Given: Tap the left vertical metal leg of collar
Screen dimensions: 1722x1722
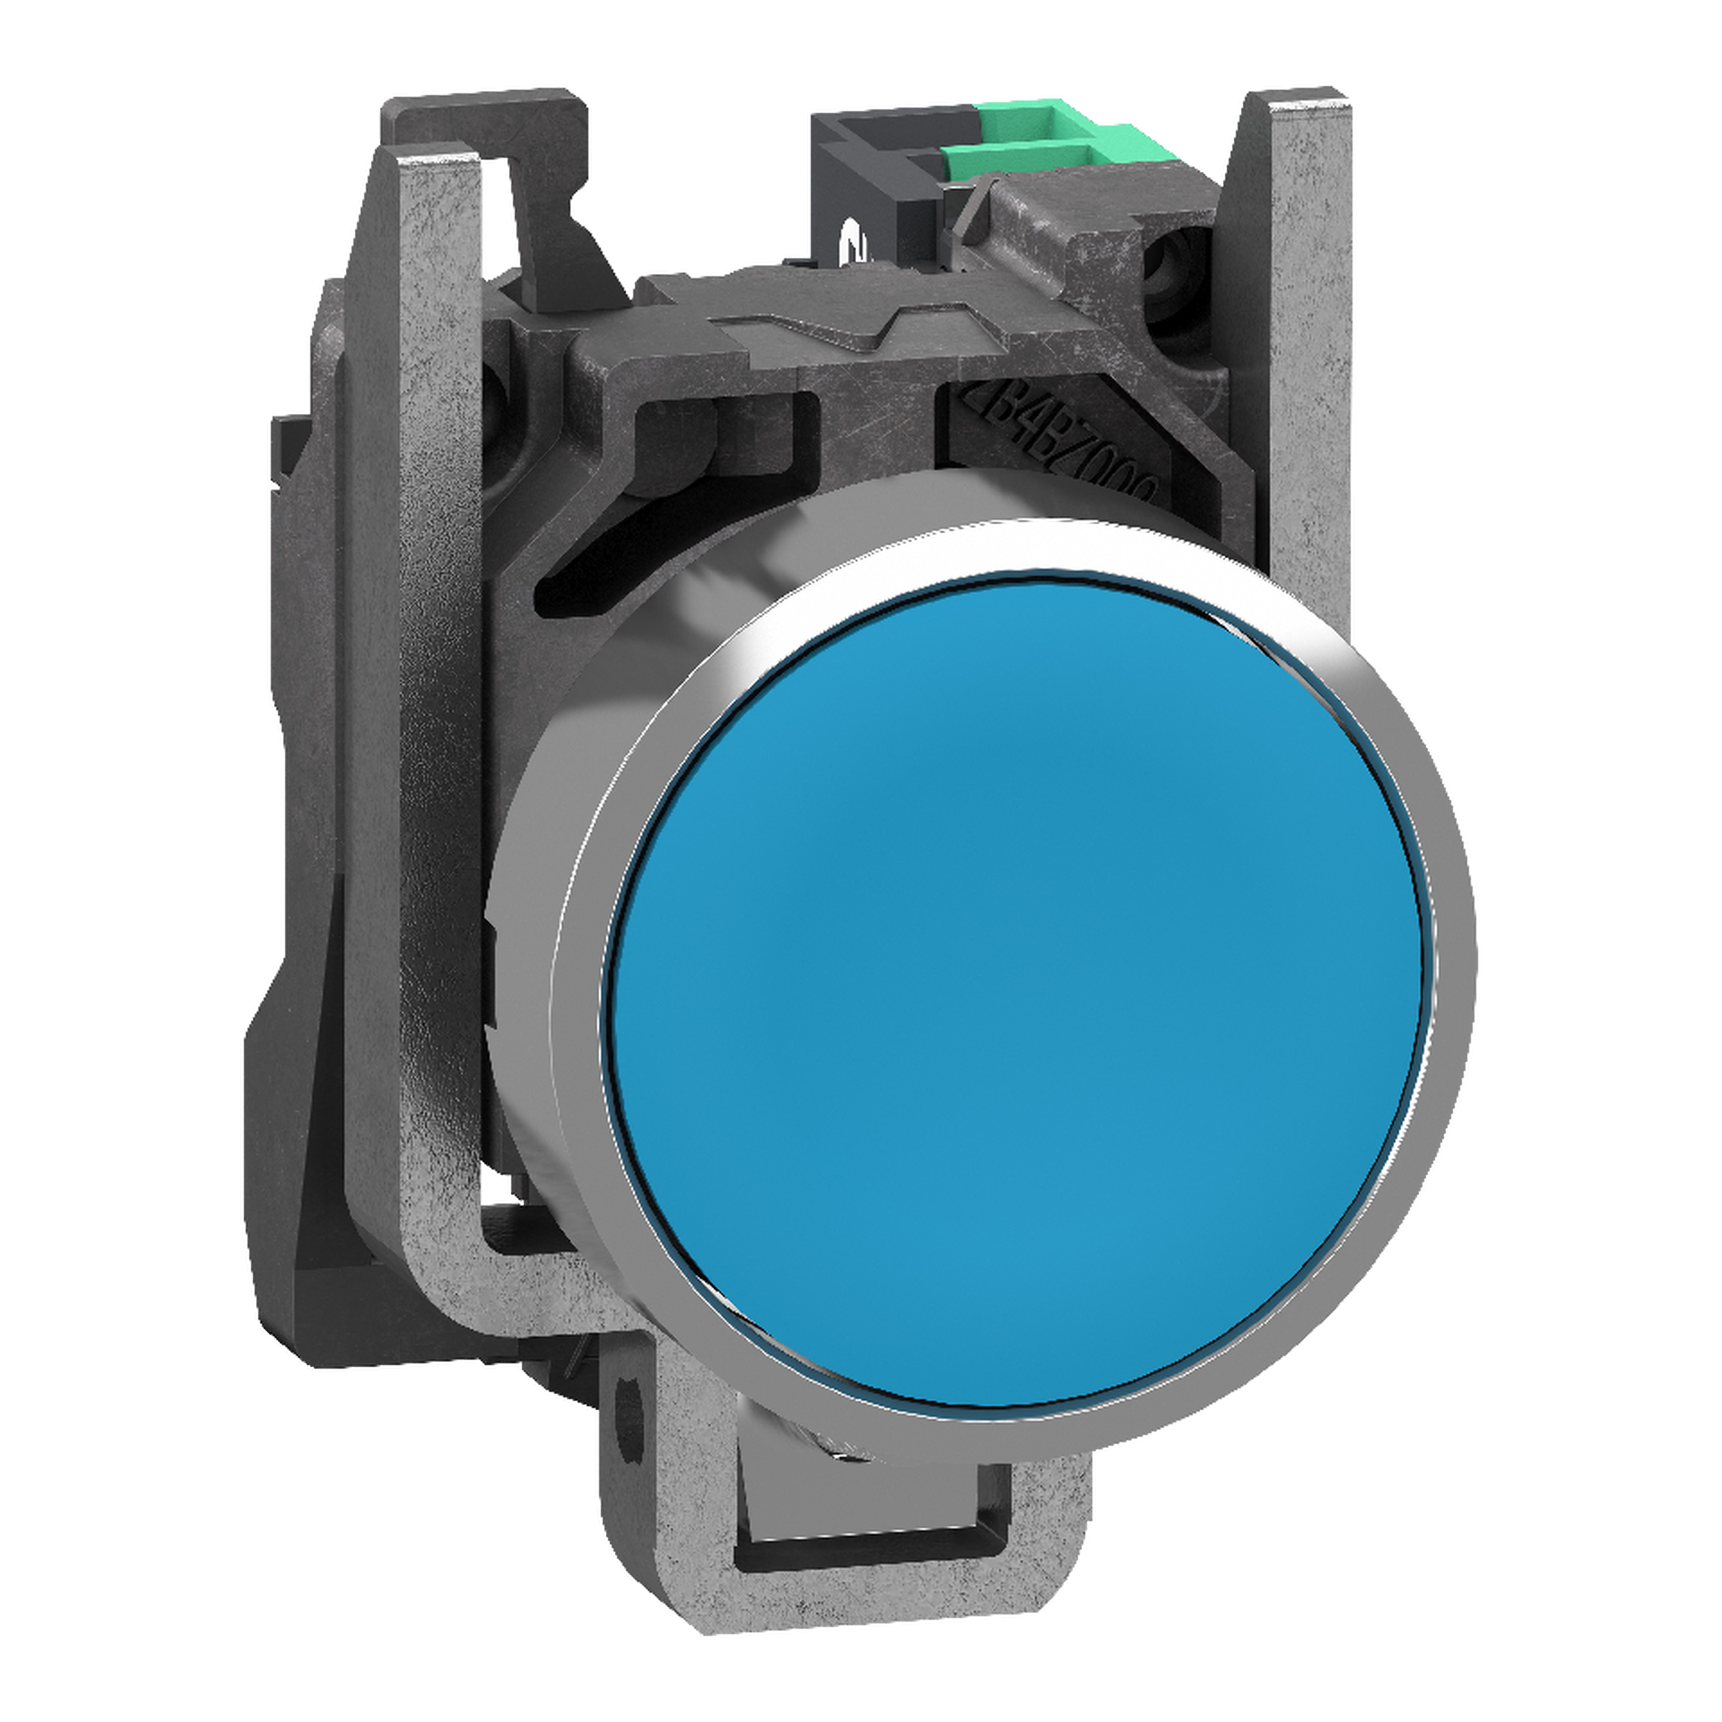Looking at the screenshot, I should click(419, 713).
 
